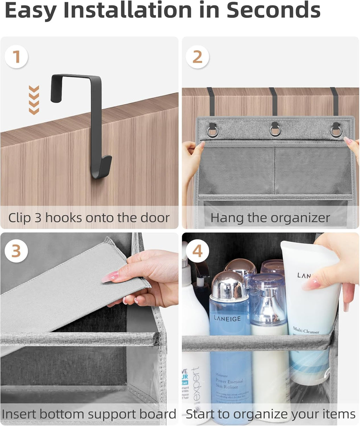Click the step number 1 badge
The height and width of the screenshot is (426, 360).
(x=16, y=57)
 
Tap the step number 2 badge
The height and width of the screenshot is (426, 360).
(x=198, y=57)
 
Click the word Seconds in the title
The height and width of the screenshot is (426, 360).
(x=273, y=11)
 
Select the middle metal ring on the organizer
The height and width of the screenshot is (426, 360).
(x=275, y=131)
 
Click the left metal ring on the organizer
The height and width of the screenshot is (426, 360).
(x=212, y=131)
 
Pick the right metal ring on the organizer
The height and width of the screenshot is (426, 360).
(x=336, y=131)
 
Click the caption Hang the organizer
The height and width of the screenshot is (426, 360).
(x=270, y=218)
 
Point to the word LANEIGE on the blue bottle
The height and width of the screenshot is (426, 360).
(x=227, y=319)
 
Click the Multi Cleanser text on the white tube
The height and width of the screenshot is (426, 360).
(x=306, y=330)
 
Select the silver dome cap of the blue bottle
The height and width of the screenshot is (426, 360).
(x=229, y=284)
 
